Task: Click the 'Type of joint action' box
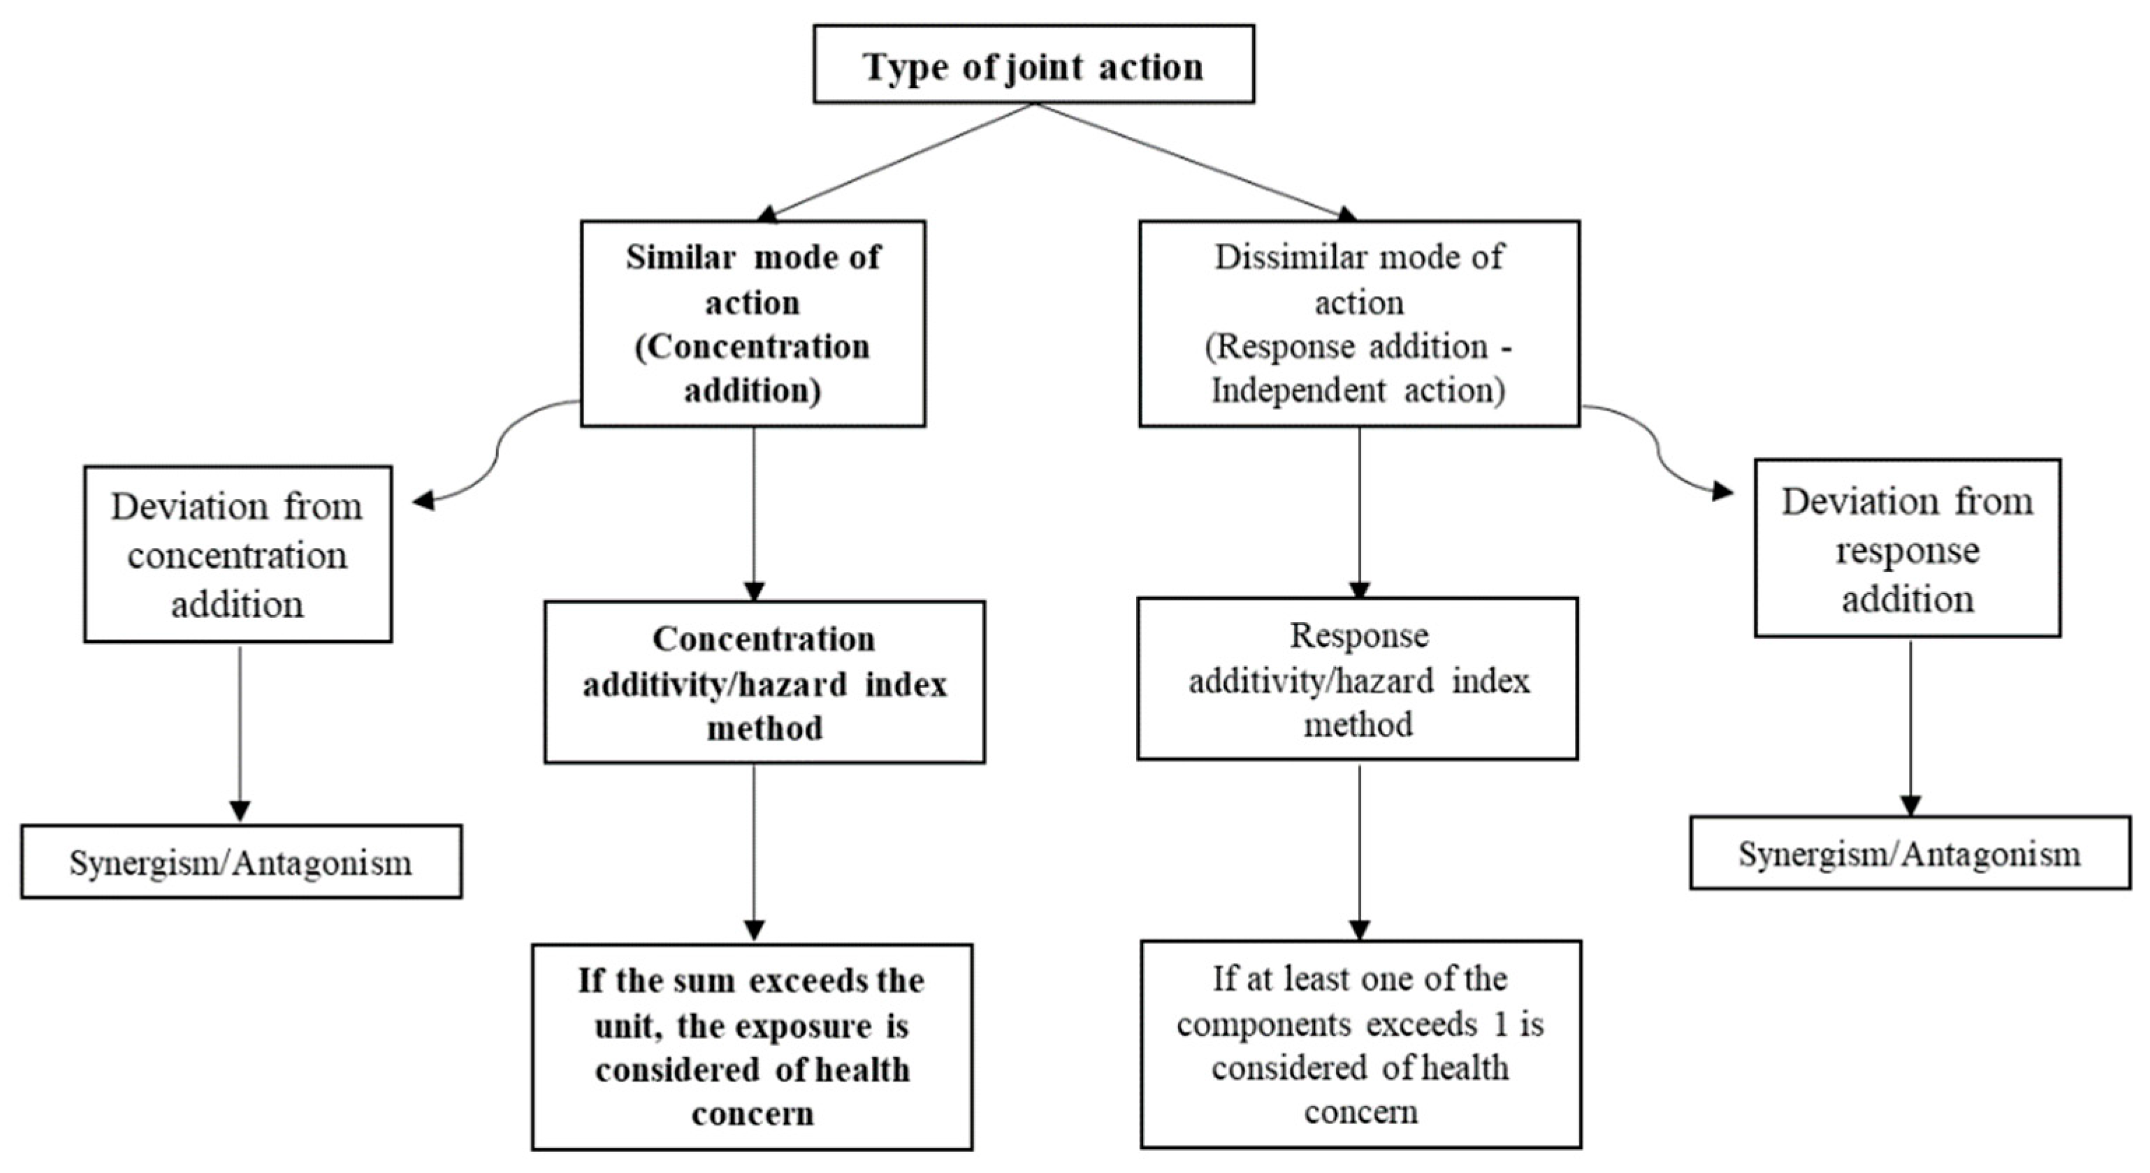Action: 1033,64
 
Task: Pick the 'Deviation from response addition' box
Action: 1907,548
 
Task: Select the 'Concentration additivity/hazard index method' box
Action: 764,681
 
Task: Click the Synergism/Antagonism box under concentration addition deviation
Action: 241,862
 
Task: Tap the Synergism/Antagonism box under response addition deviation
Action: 1910,853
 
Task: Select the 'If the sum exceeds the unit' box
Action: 752,1047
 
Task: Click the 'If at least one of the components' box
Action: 1360,1045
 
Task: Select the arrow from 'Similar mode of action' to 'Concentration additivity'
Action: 754,513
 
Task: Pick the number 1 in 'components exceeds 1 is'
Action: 1501,1024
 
